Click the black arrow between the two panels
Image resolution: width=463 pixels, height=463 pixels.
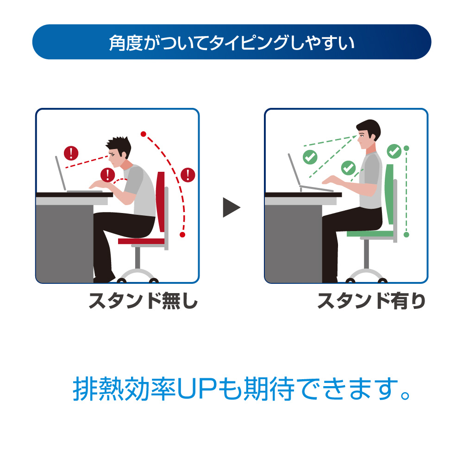[x=231, y=207]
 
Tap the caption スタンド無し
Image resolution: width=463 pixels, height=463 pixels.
[x=143, y=301]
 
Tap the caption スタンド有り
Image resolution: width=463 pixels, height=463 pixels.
[x=371, y=301]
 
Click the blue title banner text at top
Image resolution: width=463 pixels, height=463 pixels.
[x=231, y=43]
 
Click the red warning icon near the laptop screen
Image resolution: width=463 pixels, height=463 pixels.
[x=71, y=153]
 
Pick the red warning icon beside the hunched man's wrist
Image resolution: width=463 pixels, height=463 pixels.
[x=108, y=175]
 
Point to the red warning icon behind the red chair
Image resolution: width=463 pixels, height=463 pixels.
[x=188, y=175]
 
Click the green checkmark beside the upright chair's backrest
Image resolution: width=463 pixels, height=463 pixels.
[x=394, y=151]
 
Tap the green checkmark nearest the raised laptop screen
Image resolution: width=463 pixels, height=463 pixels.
[x=310, y=157]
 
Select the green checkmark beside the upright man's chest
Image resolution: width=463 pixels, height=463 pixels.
[x=349, y=168]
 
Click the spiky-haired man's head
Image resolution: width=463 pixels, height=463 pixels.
[x=119, y=152]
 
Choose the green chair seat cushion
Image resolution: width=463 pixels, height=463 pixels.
[x=370, y=234]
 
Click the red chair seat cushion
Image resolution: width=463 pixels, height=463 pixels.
[x=141, y=241]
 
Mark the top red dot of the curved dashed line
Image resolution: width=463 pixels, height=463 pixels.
[x=144, y=134]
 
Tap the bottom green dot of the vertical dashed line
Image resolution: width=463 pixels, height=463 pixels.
[x=407, y=235]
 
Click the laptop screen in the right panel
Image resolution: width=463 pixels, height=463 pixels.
[x=294, y=170]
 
